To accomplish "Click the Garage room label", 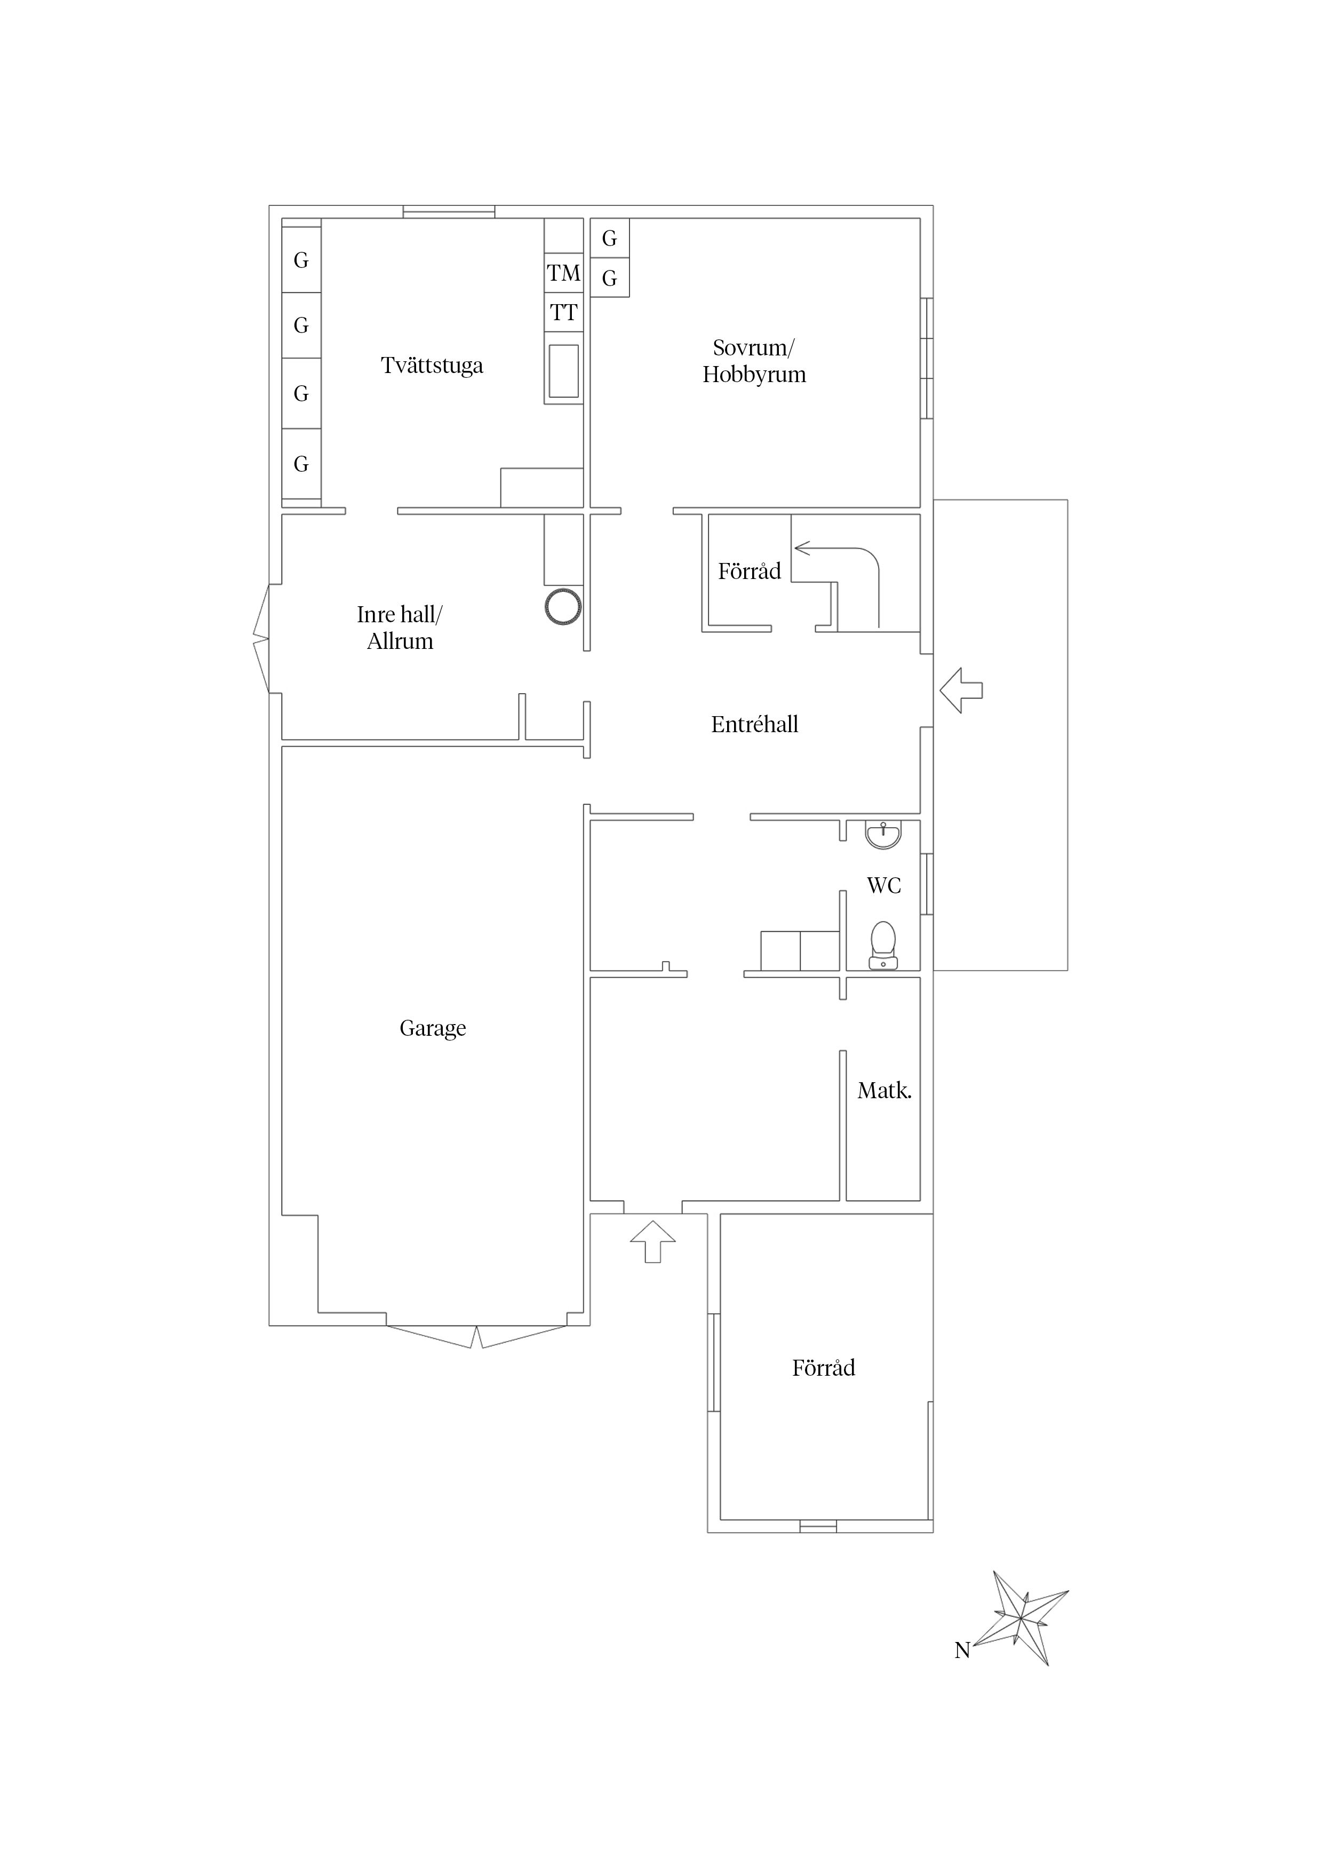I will tap(432, 1028).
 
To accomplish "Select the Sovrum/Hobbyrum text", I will tap(754, 361).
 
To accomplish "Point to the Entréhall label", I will tap(754, 724).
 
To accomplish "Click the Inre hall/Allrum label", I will tap(400, 628).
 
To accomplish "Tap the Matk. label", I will tap(883, 1091).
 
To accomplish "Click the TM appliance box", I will tap(563, 273).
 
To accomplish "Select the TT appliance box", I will tap(563, 312).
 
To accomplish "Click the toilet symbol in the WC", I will tap(883, 945).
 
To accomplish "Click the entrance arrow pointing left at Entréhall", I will tap(961, 691).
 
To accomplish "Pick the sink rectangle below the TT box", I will tap(563, 371).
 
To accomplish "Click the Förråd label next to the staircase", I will tap(749, 571).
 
